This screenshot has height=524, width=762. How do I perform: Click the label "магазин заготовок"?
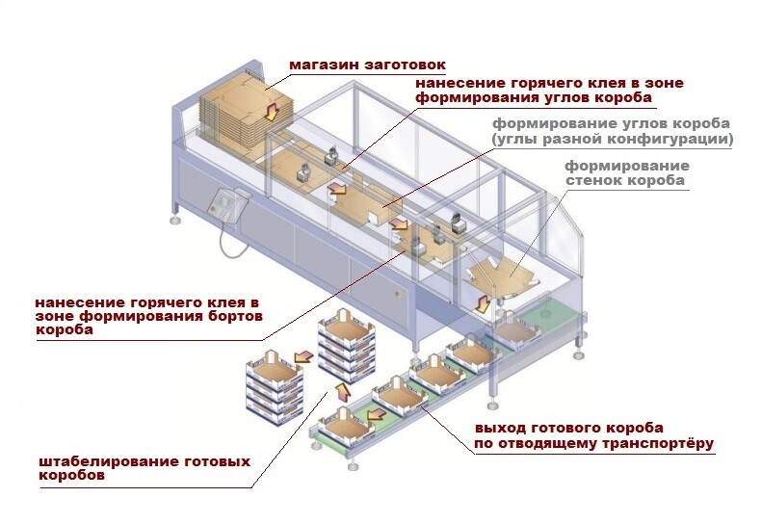[x=367, y=65]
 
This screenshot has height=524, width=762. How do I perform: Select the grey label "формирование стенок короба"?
[x=627, y=172]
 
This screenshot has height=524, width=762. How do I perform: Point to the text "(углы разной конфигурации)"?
[x=612, y=140]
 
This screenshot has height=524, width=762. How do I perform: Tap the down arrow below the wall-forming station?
[x=483, y=305]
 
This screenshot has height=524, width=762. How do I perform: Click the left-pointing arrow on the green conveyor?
[x=375, y=412]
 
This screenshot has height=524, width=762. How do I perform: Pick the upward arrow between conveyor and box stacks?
[x=339, y=390]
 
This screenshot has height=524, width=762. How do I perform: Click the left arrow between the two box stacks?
[x=302, y=359]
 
